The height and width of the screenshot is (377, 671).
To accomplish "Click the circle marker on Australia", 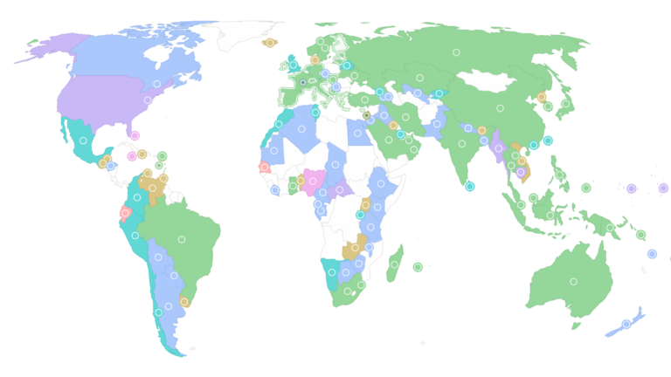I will (573, 281).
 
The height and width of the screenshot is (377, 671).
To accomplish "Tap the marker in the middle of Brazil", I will (182, 239).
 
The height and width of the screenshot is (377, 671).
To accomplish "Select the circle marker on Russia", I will (456, 52).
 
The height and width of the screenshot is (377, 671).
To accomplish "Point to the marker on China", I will (500, 109).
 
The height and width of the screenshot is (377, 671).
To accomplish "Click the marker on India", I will (461, 144).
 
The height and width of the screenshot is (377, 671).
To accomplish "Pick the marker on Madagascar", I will (394, 264).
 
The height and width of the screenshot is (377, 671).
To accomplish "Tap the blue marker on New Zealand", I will (626, 324).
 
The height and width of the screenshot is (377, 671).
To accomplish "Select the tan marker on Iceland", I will (269, 42).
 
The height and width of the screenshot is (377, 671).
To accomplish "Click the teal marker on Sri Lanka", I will (470, 186).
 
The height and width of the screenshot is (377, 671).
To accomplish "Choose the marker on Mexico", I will (83, 141).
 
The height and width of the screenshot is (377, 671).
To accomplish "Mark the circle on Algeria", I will (301, 129).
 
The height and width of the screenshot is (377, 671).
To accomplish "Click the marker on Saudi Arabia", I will (389, 140).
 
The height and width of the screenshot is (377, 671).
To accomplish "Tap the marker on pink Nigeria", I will (312, 182).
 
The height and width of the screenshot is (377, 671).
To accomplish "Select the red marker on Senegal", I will (264, 167).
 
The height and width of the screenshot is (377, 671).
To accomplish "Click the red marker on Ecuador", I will (126, 213).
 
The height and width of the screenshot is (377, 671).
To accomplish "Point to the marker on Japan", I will (565, 104).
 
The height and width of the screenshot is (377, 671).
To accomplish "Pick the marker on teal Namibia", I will (332, 271).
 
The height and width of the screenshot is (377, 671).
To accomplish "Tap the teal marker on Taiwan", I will (548, 141).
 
